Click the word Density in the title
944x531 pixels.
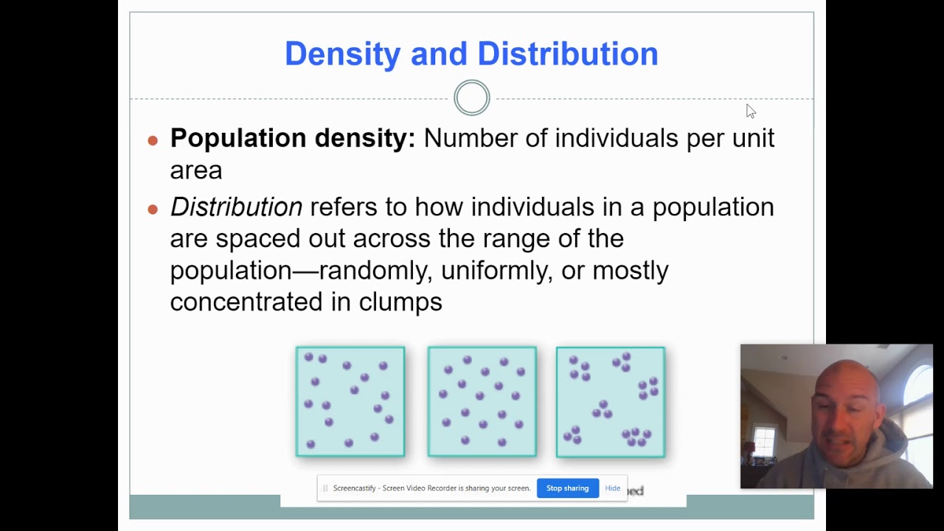click(x=343, y=54)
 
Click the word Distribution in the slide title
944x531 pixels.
click(x=567, y=54)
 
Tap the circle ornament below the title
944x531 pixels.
click(x=472, y=98)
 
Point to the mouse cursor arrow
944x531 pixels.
click(x=750, y=111)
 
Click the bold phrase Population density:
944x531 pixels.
click(x=293, y=138)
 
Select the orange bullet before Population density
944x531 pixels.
click(x=153, y=140)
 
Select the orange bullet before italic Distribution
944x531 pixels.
click(x=153, y=209)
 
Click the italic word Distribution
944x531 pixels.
click(x=236, y=207)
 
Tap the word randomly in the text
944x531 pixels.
click(x=373, y=271)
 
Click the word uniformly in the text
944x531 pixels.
click(x=496, y=271)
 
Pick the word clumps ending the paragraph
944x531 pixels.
click(x=400, y=302)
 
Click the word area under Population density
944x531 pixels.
click(x=195, y=170)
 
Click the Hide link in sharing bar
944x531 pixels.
click(x=612, y=488)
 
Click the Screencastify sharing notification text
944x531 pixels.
click(x=431, y=488)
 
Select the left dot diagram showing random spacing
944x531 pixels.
click(x=350, y=402)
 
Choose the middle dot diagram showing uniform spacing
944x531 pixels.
click(x=482, y=402)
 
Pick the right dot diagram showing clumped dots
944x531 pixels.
click(x=611, y=402)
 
